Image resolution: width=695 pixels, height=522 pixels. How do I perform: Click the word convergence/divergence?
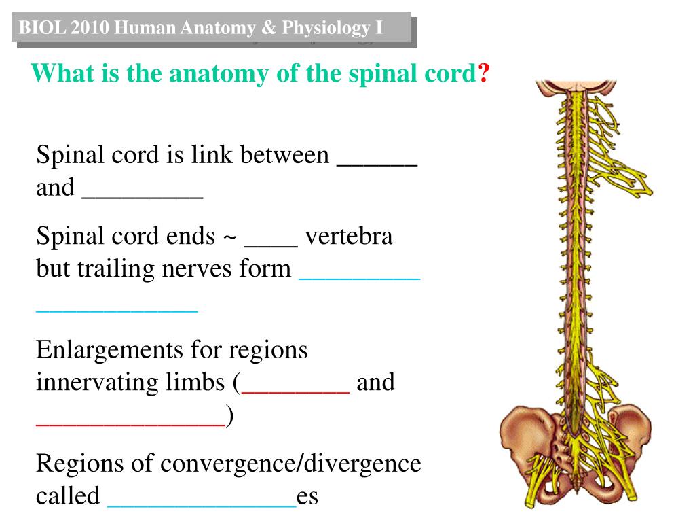tap(291, 464)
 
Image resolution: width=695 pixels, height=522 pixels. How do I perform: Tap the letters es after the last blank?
tap(308, 496)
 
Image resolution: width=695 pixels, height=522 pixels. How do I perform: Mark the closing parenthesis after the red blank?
tap(230, 415)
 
